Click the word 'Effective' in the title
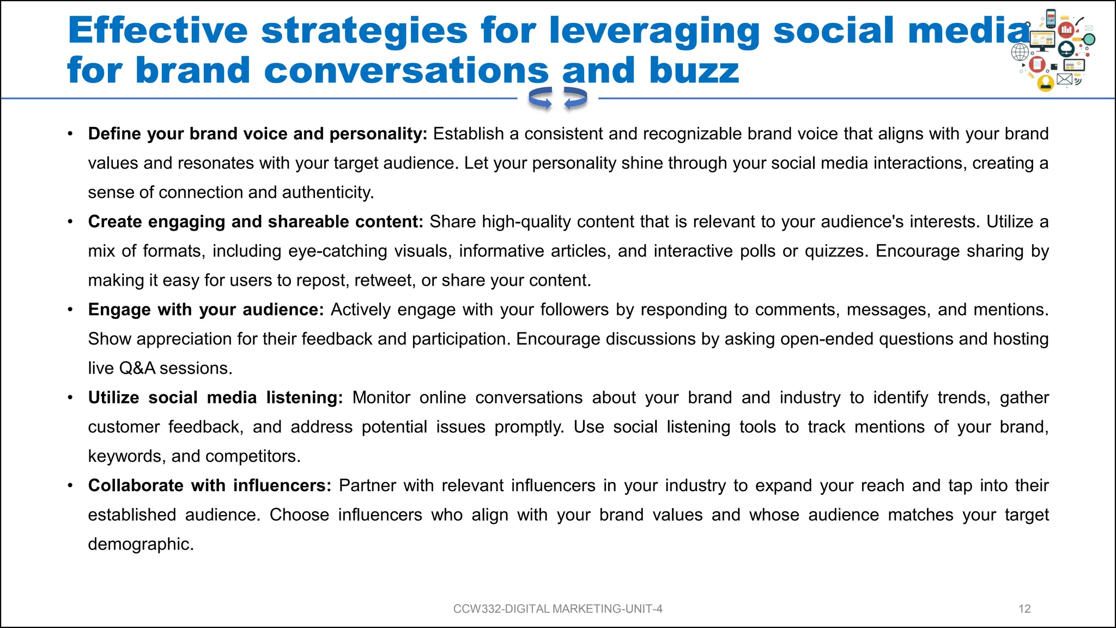pyautogui.click(x=158, y=30)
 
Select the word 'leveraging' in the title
pyautogui.click(x=654, y=30)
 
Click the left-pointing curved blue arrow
pyautogui.click(x=541, y=99)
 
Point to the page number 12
pyautogui.click(x=1024, y=609)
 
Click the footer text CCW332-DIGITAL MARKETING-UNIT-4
pyautogui.click(x=557, y=609)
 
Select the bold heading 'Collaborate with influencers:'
pyautogui.click(x=210, y=485)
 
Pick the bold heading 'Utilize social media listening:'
pyautogui.click(x=215, y=397)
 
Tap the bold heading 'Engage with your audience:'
pyautogui.click(x=206, y=310)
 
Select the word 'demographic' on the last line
pyautogui.click(x=139, y=544)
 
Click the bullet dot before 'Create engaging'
pyautogui.click(x=70, y=222)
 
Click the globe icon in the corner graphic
pyautogui.click(x=1020, y=52)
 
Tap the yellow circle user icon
pyautogui.click(x=1045, y=83)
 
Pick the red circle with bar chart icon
pyautogui.click(x=1066, y=29)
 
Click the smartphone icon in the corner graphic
pyautogui.click(x=1051, y=17)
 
